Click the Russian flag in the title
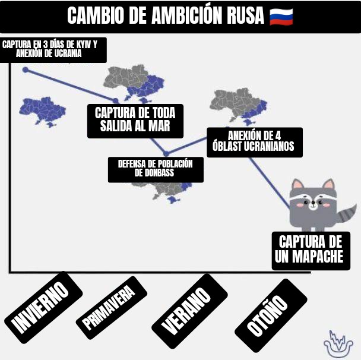pos(281,16)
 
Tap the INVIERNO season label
pos(41,306)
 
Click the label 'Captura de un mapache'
pos(310,250)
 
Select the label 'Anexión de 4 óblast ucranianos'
pos(254,141)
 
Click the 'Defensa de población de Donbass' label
pos(156,169)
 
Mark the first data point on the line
pos(26,70)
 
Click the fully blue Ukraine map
pos(43,110)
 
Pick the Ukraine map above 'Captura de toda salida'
pos(138,83)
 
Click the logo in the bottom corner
pos(338,343)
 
